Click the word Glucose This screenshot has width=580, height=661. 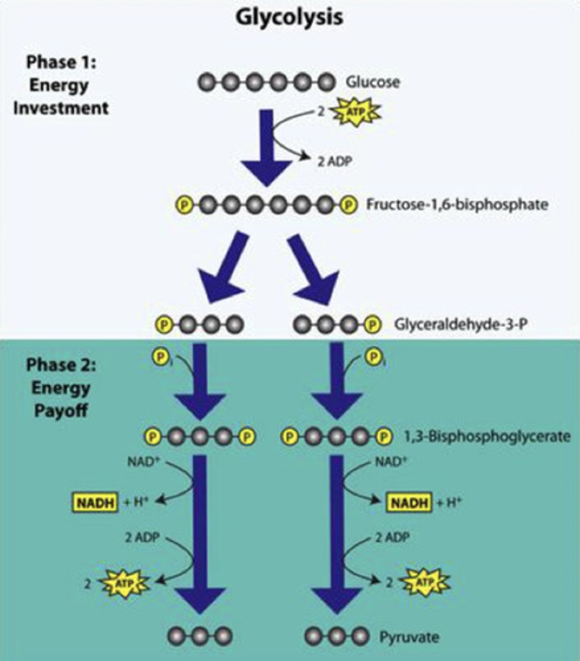[x=372, y=83]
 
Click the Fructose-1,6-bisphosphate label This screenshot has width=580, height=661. [x=457, y=205]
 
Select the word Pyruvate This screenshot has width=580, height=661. [x=409, y=638]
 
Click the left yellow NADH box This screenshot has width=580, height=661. [x=95, y=502]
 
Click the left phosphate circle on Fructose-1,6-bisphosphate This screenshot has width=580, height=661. [x=183, y=205]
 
